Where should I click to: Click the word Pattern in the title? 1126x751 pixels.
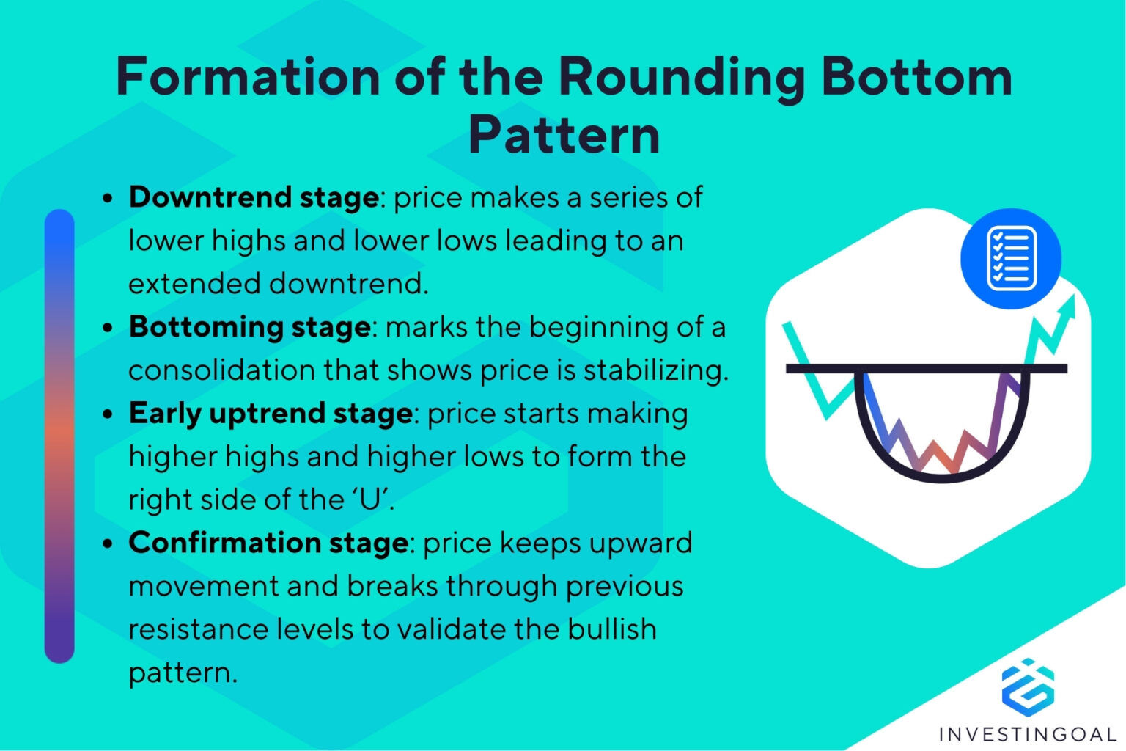[x=564, y=136]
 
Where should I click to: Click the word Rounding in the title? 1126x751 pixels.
[x=682, y=77]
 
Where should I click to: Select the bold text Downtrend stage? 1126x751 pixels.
[x=254, y=197]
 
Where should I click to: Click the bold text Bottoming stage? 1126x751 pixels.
[x=249, y=327]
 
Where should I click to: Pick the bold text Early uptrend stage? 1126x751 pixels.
[x=271, y=414]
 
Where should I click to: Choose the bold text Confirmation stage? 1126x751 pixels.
[x=268, y=543]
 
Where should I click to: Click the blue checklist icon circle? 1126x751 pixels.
[x=1011, y=258]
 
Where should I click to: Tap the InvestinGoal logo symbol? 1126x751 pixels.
[x=1028, y=686]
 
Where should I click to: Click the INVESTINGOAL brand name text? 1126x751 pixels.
[x=1028, y=734]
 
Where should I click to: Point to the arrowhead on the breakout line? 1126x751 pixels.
[x=1068, y=306]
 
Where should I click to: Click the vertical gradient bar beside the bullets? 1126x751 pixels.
[x=59, y=436]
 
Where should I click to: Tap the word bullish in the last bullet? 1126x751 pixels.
[x=614, y=630]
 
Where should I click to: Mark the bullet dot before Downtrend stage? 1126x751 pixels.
[x=108, y=199]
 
